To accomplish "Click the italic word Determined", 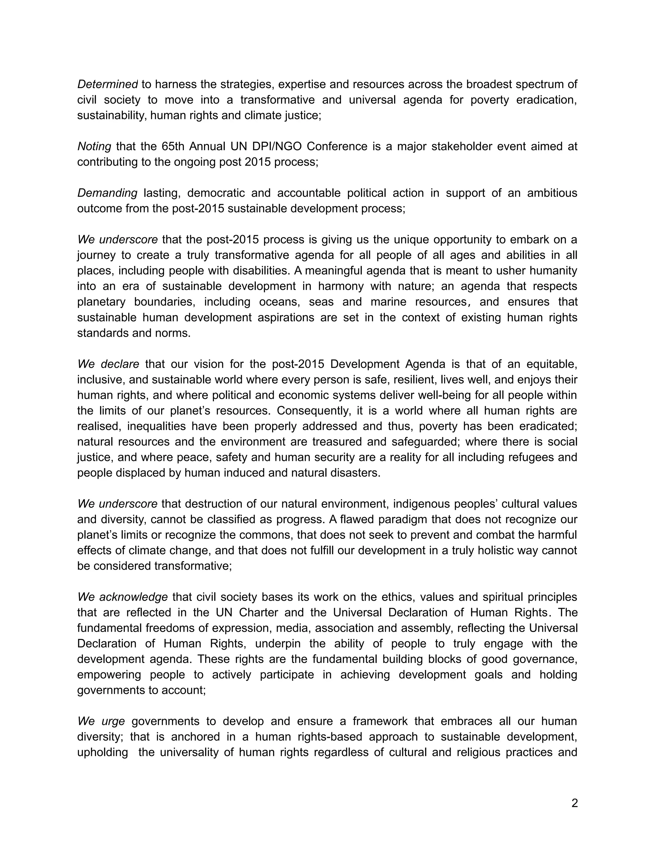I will tap(107, 84).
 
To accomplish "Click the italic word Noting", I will tap(94, 146).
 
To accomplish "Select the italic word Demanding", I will tap(107, 193).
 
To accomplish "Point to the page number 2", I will tap(574, 803).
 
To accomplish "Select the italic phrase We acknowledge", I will tap(122, 597).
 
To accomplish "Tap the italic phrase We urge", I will tap(101, 721).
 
